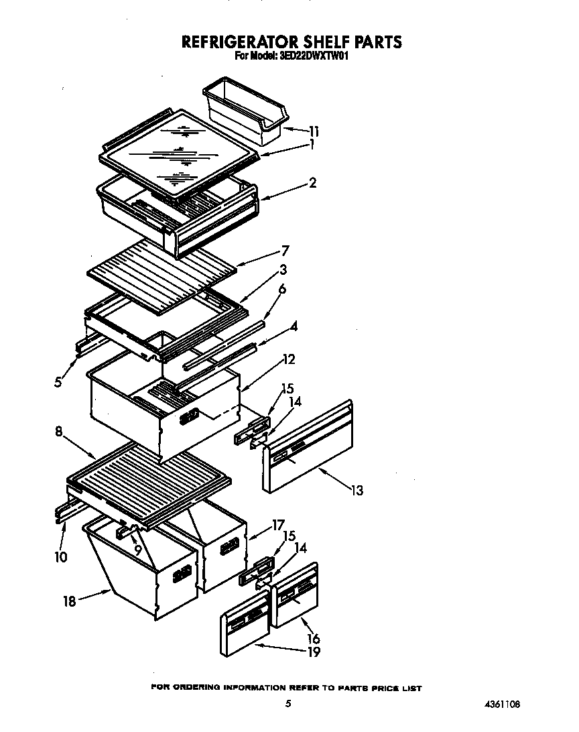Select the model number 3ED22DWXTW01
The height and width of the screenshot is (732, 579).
pos(312,57)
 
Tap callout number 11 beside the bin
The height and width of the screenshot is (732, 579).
pos(314,131)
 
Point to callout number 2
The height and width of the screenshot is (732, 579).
pos(312,182)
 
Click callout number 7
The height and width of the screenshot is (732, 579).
pos(285,251)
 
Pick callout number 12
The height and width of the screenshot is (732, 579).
pos(289,359)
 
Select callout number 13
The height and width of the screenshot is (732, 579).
pos(357,491)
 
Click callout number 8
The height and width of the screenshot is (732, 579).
pos(60,432)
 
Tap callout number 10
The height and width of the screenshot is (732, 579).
pos(61,556)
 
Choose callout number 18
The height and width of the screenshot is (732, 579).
pos(69,601)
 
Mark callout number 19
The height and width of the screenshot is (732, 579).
pos(313,652)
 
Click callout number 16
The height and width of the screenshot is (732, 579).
pos(313,638)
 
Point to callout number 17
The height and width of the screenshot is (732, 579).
pos(278,525)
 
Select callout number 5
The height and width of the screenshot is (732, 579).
pos(60,382)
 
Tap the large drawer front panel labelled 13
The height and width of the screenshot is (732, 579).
pos(308,449)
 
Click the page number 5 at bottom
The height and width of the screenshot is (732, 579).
pos(287,704)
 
